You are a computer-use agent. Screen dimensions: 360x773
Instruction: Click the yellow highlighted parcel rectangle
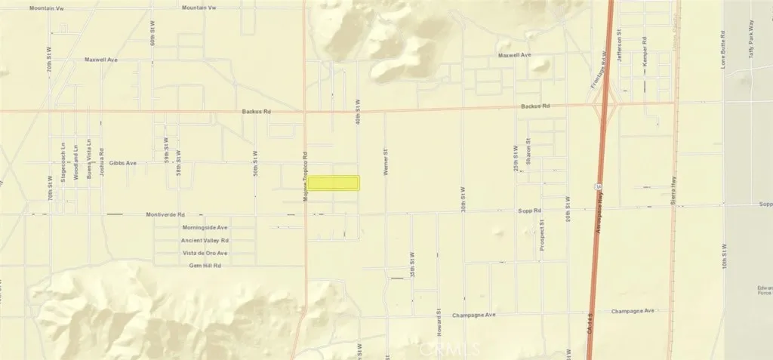click(334, 183)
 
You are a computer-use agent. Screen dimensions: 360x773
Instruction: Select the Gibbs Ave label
click(122, 163)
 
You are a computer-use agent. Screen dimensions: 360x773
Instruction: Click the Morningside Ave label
click(205, 227)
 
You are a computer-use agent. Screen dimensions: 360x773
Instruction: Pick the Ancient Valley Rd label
click(205, 241)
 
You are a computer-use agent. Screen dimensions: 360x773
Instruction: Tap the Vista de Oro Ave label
click(205, 253)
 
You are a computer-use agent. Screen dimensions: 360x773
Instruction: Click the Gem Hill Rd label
click(205, 266)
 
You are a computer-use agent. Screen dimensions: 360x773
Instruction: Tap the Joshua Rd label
click(101, 161)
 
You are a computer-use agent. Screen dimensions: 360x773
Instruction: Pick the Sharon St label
click(528, 151)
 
